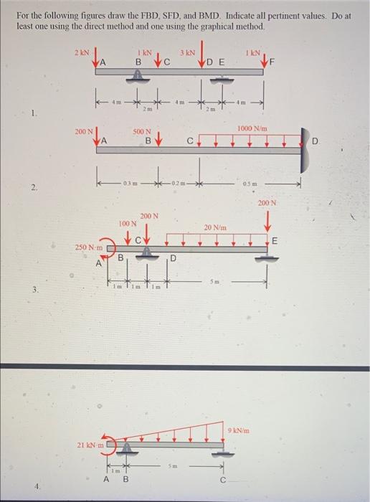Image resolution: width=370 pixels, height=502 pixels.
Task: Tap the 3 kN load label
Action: point(187,52)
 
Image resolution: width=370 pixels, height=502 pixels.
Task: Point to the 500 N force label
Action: point(142,131)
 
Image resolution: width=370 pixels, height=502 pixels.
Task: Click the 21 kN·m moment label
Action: point(91,445)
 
